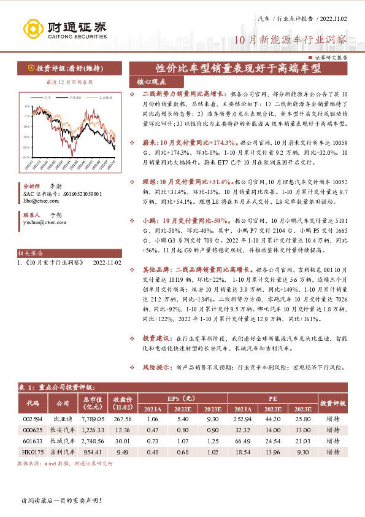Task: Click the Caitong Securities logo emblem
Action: (x=32, y=28)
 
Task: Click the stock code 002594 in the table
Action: (x=33, y=419)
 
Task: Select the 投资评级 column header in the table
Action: (x=335, y=403)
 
